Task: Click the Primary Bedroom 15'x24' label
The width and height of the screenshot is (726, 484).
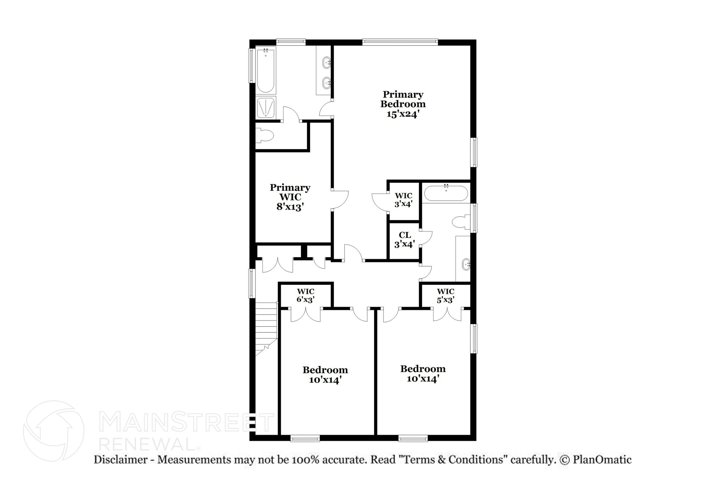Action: click(x=403, y=104)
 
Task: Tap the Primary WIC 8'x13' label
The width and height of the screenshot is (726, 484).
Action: click(x=290, y=197)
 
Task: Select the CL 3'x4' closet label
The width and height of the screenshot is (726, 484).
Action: click(x=404, y=240)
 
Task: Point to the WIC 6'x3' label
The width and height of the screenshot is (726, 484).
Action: click(x=306, y=295)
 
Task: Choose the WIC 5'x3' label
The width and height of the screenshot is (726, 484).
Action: click(x=445, y=295)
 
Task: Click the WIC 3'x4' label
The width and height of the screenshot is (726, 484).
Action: click(x=403, y=200)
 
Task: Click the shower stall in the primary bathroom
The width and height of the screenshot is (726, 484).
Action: click(x=266, y=107)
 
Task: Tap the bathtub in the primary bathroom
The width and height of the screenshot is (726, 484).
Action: click(x=265, y=70)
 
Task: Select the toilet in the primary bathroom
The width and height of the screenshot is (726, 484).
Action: click(x=265, y=135)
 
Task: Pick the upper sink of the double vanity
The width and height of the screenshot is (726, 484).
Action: click(x=326, y=63)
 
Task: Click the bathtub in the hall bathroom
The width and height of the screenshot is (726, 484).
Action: click(x=446, y=193)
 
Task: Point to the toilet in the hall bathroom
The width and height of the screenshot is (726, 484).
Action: click(x=461, y=222)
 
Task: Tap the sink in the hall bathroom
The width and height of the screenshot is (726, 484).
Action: click(x=466, y=264)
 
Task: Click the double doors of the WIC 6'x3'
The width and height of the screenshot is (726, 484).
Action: click(x=306, y=315)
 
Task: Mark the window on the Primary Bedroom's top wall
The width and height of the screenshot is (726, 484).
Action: click(x=400, y=42)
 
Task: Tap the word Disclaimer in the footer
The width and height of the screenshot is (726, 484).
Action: click(x=121, y=460)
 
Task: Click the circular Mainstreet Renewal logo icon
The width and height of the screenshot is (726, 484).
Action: click(x=54, y=431)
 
